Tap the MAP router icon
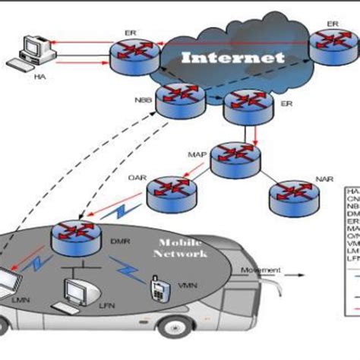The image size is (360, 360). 235,156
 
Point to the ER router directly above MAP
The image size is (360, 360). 245,109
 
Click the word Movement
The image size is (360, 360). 261,270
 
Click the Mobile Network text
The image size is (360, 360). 181,249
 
